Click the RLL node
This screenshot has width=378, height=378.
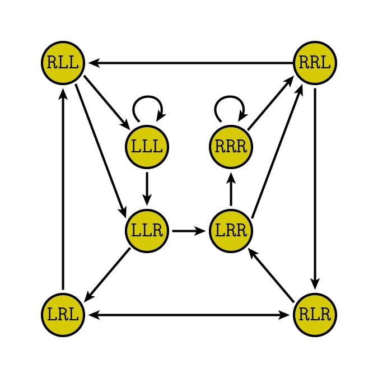point(63,62)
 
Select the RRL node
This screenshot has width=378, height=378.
point(315,62)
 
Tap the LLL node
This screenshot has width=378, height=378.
point(147,147)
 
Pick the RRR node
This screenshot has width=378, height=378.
point(231,147)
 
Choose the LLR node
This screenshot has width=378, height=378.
point(147,230)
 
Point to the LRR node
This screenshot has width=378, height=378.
point(231,230)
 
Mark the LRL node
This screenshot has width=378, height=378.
point(63,315)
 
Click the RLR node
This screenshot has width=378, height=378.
point(315,315)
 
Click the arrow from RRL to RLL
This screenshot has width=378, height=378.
point(190,62)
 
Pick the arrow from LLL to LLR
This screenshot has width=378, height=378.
point(147,188)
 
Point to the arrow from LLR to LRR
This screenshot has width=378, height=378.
point(189,230)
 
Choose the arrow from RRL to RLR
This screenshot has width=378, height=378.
point(315,188)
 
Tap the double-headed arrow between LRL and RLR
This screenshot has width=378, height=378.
point(189,315)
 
